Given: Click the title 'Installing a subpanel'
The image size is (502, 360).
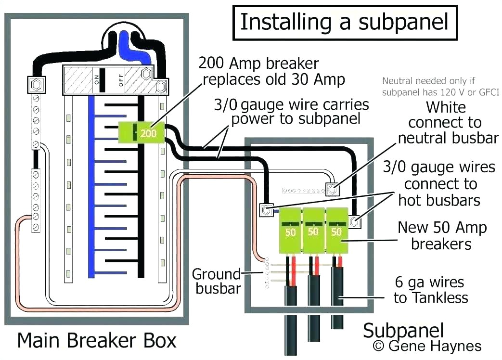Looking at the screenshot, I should point(345,23).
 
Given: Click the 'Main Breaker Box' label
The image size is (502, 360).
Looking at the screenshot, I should point(97,340).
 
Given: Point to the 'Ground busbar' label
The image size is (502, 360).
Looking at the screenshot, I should point(216,282).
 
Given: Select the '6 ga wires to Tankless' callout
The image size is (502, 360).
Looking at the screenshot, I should point(430,290).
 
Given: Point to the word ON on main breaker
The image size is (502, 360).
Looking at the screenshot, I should point(97,78).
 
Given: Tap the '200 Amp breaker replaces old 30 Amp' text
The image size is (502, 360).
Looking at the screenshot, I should point(271,71).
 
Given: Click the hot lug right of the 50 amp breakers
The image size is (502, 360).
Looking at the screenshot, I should point(354,221).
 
